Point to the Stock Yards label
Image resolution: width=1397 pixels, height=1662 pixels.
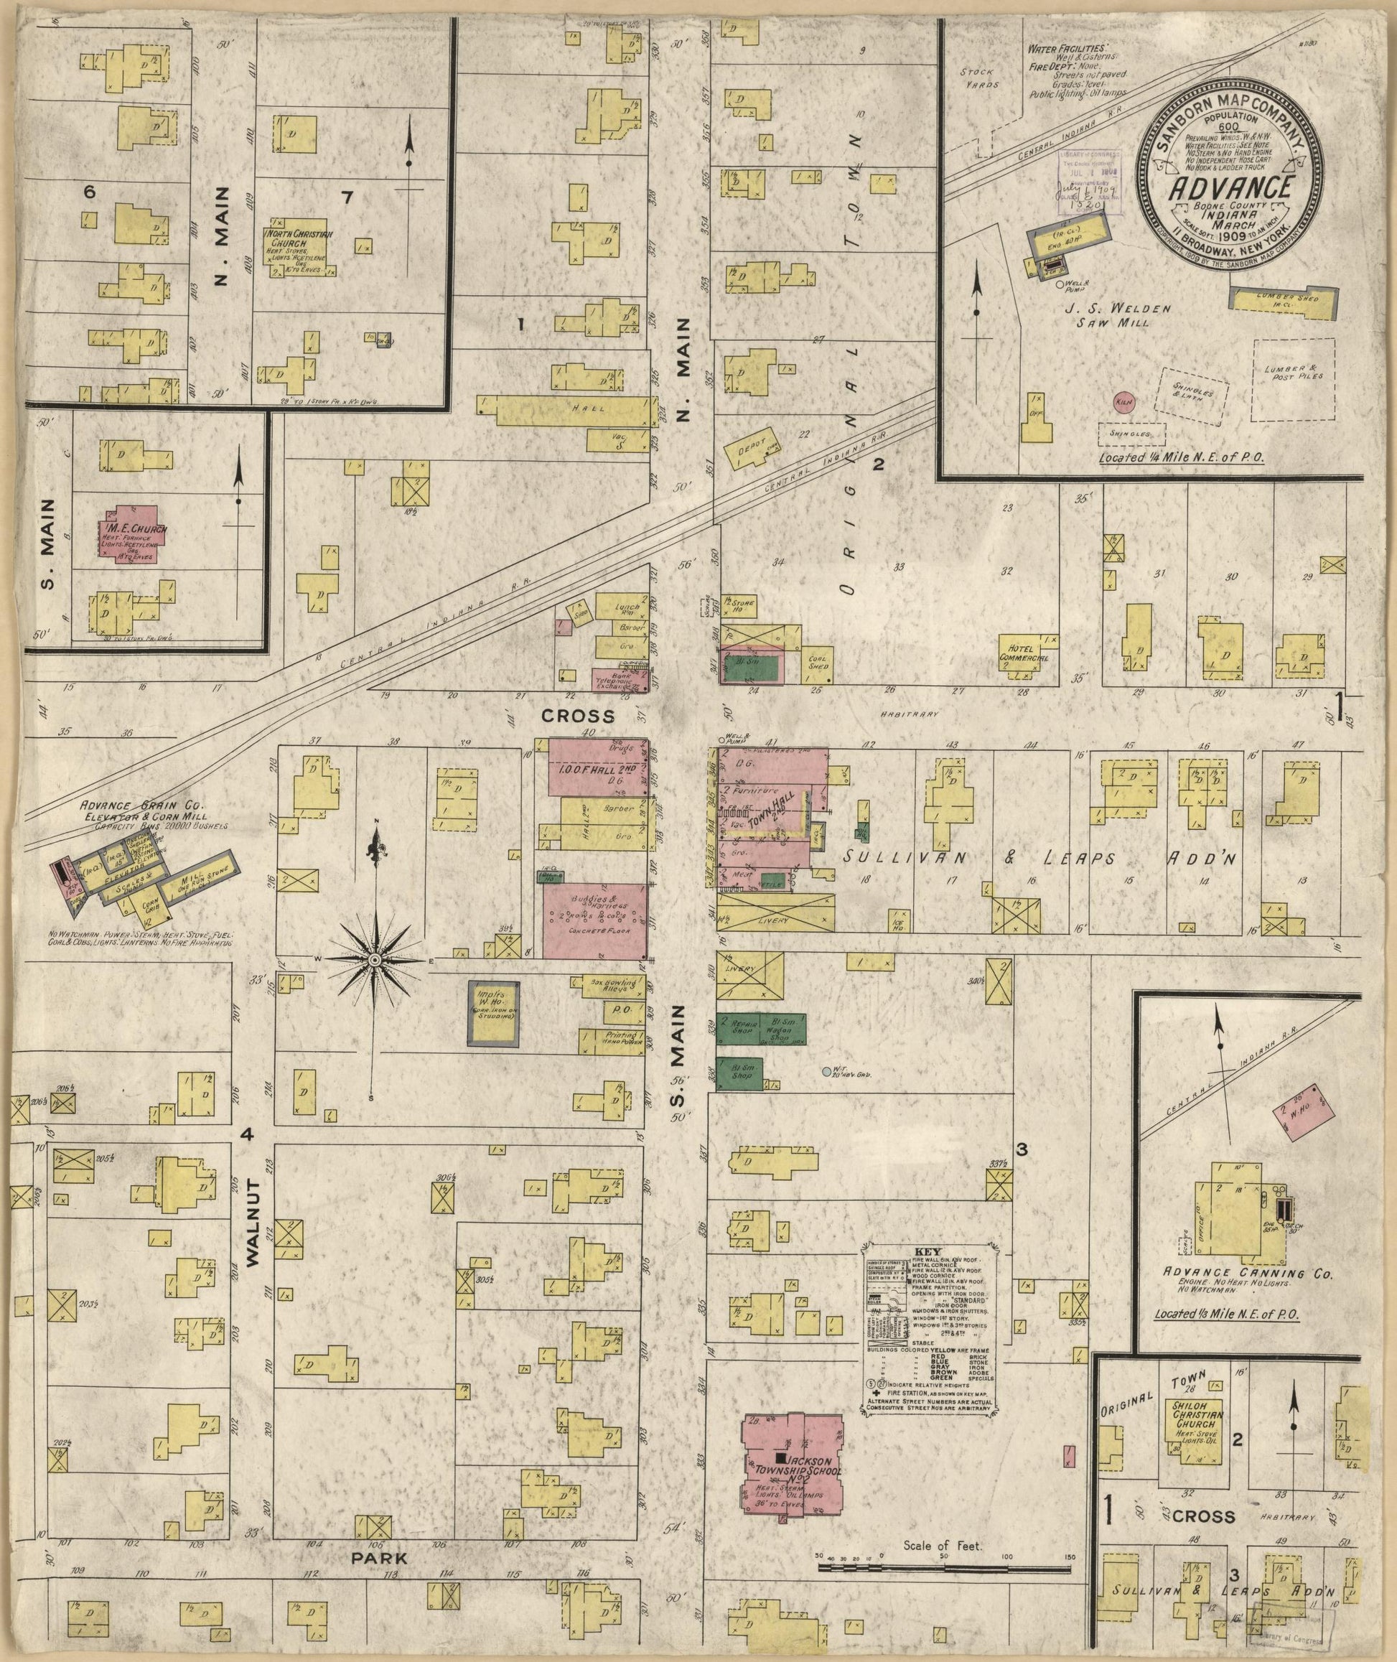coord(981,77)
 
